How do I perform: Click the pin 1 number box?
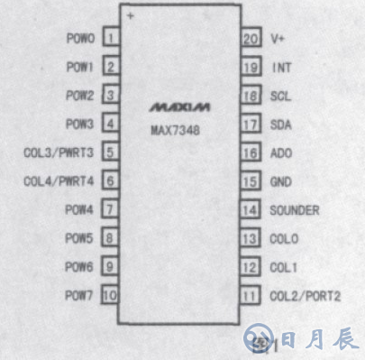tap(111, 39)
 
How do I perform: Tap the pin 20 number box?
tap(250, 39)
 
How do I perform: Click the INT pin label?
tap(280, 68)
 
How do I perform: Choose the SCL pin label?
tap(280, 96)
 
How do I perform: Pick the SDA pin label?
tap(280, 125)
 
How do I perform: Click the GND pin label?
tap(280, 181)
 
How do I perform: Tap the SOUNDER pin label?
tap(294, 210)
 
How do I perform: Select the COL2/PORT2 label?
tap(305, 296)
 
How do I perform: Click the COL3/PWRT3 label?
tap(59, 152)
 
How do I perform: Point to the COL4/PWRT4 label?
tap(59, 181)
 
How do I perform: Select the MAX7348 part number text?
tap(175, 129)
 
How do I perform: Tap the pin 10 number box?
tap(110, 295)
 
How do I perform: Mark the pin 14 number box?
tap(250, 210)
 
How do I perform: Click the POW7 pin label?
tap(79, 295)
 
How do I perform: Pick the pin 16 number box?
tap(250, 153)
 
